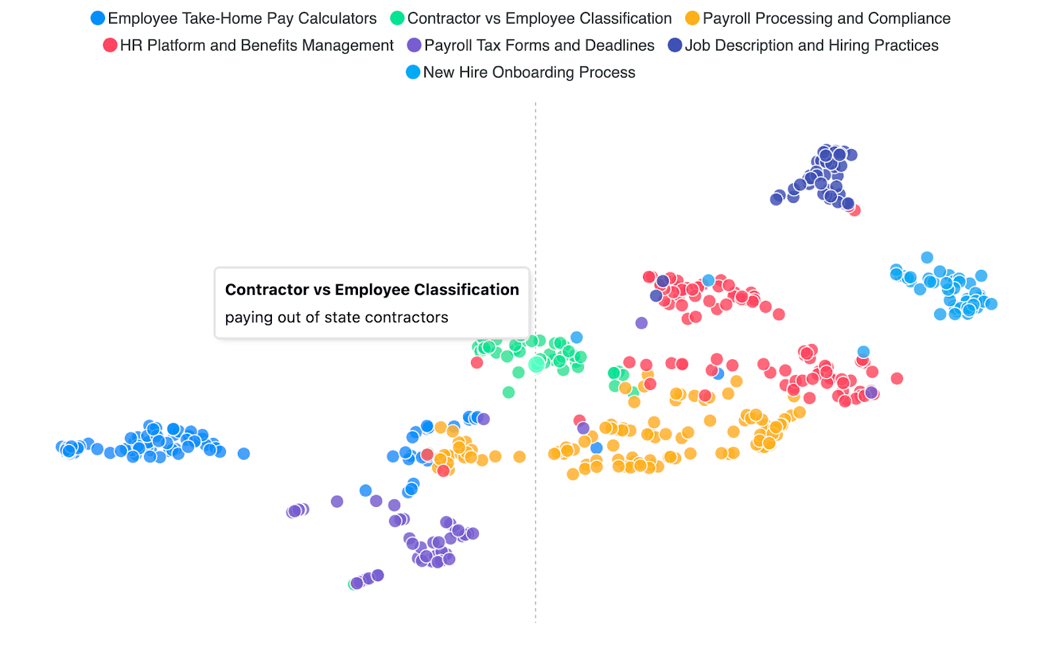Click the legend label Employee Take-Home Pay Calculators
242,18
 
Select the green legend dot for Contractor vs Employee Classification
397,18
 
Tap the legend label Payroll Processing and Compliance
826,18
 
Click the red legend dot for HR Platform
110,45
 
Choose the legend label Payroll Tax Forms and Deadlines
539,45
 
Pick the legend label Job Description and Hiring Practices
811,45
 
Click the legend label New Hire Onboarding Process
529,72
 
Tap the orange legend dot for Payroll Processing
692,18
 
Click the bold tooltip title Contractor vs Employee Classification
372,290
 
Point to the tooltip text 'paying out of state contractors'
336,318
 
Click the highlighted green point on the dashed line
537,364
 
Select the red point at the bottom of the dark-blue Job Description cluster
854,210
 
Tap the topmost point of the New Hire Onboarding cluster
927,257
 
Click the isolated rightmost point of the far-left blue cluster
244,453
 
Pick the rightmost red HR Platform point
897,378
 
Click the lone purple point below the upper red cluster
642,322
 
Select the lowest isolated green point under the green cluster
508,392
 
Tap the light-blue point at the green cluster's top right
576,337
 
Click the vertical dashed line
535,525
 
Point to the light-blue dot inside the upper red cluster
708,280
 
